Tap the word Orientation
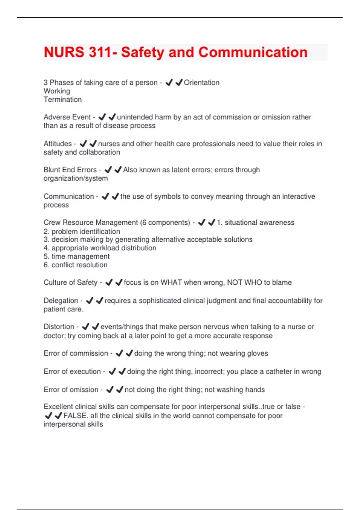tap(201, 82)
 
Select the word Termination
tap(62, 100)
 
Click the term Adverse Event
tap(67, 117)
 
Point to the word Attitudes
tap(58, 144)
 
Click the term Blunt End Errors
tap(70, 170)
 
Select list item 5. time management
tap(76, 256)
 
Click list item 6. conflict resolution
tap(75, 265)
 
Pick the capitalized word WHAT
tap(171, 283)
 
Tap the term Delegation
tap(61, 301)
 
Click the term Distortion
tap(59, 327)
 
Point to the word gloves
tap(257, 353)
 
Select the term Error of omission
tap(71, 390)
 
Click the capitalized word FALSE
tap(75, 416)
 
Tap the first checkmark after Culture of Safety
tap(109, 282)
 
